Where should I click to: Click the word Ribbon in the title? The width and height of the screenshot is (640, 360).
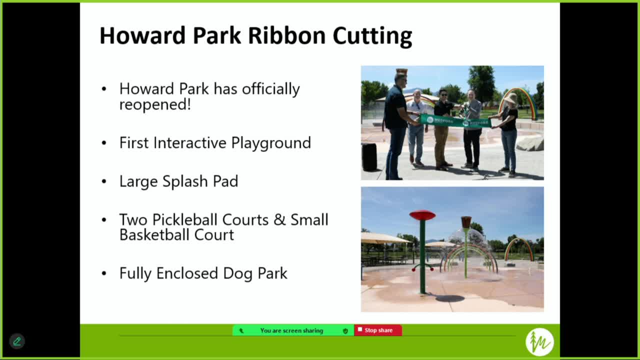point(287,36)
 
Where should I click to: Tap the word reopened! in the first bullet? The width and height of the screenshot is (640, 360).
point(155,104)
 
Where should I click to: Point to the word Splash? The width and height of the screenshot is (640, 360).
point(185,181)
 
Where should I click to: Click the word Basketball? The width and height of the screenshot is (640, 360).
point(154,234)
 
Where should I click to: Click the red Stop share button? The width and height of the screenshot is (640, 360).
point(378,330)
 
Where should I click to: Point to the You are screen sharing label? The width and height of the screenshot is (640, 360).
point(291,330)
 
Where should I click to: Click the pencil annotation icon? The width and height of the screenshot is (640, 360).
point(17,341)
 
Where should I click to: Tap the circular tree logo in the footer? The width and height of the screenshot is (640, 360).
point(539,342)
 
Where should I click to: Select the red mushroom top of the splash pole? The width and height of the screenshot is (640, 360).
point(422,215)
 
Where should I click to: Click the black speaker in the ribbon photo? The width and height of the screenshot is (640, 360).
point(369,157)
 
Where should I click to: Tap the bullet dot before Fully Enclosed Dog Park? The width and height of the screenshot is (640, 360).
point(104,273)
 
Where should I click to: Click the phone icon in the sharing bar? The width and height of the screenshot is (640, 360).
point(241,330)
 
